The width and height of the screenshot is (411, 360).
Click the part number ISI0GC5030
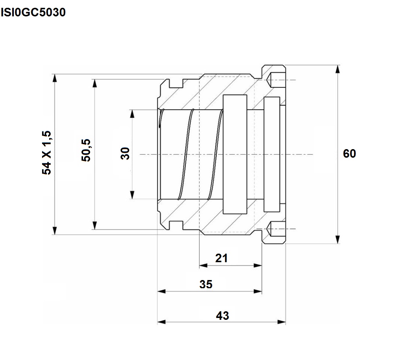click(33, 12)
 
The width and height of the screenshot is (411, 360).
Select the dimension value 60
click(350, 154)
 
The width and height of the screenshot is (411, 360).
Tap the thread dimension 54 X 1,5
click(47, 152)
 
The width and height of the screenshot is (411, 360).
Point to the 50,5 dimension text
click(86, 150)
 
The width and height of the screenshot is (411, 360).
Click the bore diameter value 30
click(125, 154)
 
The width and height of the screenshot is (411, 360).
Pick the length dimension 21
click(222, 258)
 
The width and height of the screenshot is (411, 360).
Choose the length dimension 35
click(206, 285)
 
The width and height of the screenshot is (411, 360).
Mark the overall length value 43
click(222, 316)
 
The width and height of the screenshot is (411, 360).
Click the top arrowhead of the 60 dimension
click(338, 70)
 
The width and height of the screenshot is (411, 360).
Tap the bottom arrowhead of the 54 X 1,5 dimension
click(54, 231)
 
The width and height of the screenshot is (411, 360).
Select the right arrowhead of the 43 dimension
click(281, 322)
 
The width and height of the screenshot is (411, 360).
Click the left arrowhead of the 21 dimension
click(203, 266)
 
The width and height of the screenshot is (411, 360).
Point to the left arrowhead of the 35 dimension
click(162, 291)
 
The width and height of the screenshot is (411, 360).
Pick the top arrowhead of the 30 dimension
click(132, 114)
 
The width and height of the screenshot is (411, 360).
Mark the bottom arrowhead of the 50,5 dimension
click(95, 225)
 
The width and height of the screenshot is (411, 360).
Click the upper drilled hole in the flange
click(276, 80)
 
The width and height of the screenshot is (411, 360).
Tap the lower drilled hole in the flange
click(276, 229)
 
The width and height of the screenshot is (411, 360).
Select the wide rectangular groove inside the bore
click(235, 154)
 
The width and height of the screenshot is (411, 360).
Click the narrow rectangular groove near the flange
click(272, 154)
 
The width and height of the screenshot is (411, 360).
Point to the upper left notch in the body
click(176, 84)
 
